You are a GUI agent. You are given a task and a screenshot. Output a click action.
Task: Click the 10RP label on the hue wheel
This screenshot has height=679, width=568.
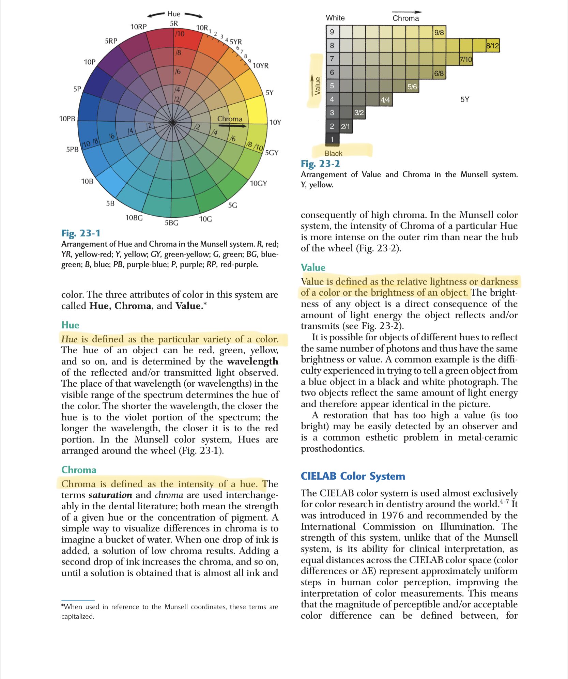(x=138, y=27)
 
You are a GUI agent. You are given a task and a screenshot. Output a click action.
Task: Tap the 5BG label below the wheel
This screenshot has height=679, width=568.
(x=171, y=223)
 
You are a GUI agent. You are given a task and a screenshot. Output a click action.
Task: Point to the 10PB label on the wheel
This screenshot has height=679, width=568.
(x=67, y=119)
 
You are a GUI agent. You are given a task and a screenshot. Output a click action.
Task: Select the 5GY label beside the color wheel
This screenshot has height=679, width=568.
(x=272, y=153)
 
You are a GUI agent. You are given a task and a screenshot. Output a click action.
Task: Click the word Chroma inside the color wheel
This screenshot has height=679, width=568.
(x=230, y=119)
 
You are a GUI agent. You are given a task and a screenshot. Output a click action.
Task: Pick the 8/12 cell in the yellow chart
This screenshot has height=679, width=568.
(x=492, y=46)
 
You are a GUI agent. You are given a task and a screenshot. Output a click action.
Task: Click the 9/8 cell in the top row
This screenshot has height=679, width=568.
(x=439, y=32)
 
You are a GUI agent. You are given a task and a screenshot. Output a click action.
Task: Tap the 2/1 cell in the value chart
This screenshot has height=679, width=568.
(x=346, y=126)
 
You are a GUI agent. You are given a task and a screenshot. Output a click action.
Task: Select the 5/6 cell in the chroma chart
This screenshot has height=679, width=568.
(x=412, y=87)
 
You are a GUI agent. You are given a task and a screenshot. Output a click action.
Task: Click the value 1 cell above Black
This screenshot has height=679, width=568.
(x=332, y=139)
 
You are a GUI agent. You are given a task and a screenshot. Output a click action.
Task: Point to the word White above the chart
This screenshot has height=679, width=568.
(x=335, y=18)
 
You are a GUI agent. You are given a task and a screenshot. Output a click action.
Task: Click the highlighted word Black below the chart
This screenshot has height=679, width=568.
(x=333, y=153)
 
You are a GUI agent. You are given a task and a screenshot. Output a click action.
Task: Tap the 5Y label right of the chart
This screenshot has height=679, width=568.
(x=464, y=99)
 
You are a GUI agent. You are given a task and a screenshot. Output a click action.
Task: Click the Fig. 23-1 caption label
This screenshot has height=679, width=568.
(x=81, y=233)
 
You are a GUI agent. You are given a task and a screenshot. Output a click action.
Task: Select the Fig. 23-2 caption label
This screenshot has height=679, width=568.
(x=320, y=164)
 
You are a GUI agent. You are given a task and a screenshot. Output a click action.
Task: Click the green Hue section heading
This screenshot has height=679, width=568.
(x=70, y=325)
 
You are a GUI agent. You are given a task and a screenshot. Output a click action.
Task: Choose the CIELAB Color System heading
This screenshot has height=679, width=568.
(x=353, y=476)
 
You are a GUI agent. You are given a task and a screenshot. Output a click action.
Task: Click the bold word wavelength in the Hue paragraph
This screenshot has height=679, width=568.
(x=252, y=361)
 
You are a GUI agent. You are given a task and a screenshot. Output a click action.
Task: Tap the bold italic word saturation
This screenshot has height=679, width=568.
(x=110, y=495)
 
